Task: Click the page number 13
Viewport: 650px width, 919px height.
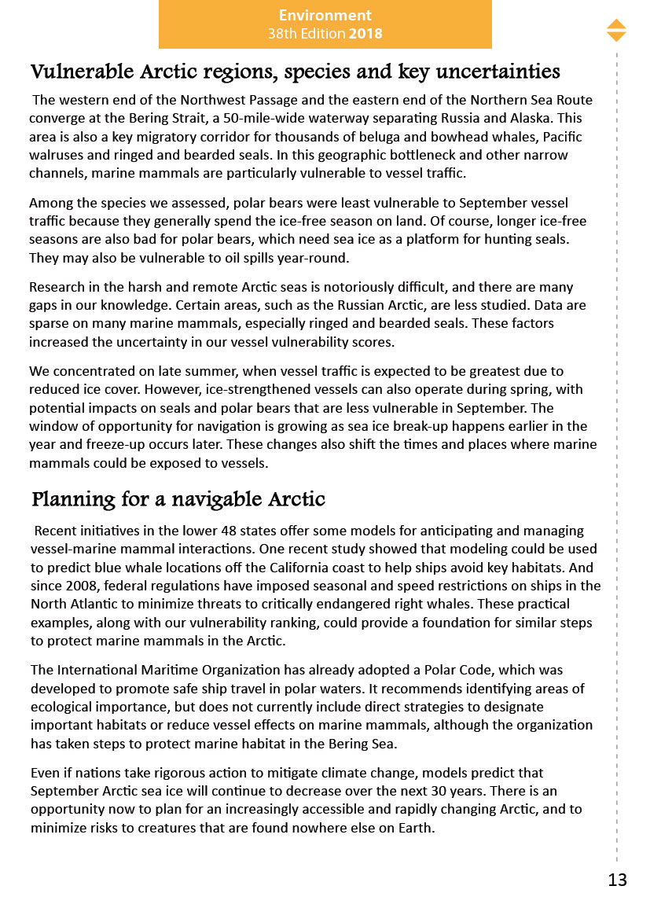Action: click(617, 880)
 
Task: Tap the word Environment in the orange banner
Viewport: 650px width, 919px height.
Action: click(325, 15)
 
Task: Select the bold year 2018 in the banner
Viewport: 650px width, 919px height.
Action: click(365, 34)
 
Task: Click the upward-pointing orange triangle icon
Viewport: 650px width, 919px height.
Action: click(616, 24)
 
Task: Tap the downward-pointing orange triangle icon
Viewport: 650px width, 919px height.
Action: click(616, 36)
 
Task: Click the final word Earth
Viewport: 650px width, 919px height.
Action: click(414, 828)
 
